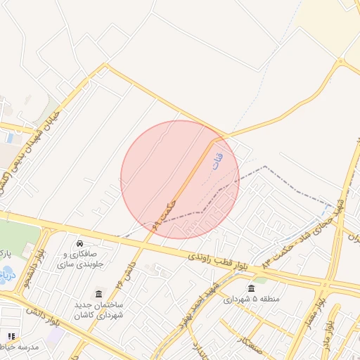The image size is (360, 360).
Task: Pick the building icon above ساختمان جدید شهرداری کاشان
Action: pos(98,293)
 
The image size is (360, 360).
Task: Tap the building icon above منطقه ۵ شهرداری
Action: pos(252,288)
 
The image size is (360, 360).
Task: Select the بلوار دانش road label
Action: pos(45,317)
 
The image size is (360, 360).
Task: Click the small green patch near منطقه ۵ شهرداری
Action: pos(261,280)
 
